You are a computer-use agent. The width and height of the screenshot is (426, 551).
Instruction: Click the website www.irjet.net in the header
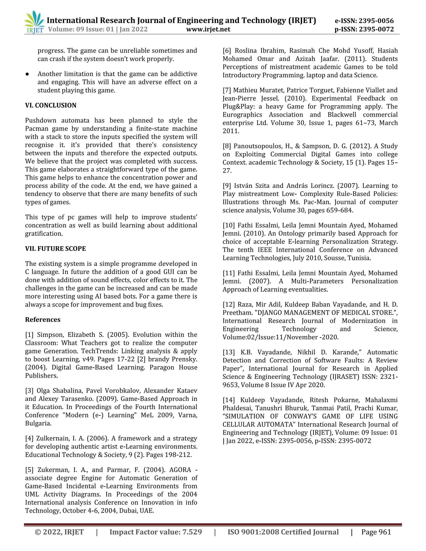click(x=208, y=29)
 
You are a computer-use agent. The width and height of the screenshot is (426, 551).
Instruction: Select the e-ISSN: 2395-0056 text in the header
click(x=364, y=21)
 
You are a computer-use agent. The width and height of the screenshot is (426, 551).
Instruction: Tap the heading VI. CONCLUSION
click(x=51, y=105)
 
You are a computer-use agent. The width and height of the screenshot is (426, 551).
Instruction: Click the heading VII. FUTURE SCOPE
click(x=55, y=248)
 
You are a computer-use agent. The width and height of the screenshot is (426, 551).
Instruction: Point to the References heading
click(x=43, y=319)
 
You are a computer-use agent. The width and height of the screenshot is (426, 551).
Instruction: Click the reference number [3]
click(x=29, y=390)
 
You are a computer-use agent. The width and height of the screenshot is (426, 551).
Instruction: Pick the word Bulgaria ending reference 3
click(x=38, y=423)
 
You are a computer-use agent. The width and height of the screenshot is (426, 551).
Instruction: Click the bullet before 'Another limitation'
click(x=27, y=74)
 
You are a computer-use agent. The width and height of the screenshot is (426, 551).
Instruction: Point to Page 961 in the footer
click(x=376, y=532)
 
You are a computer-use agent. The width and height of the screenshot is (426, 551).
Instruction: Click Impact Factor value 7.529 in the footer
click(x=155, y=532)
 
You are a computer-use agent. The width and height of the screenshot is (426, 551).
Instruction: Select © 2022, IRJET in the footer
click(x=59, y=532)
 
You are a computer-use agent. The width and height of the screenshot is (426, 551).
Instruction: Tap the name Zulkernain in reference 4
click(x=52, y=438)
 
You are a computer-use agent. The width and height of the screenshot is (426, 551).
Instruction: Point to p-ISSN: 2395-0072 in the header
click(x=364, y=29)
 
